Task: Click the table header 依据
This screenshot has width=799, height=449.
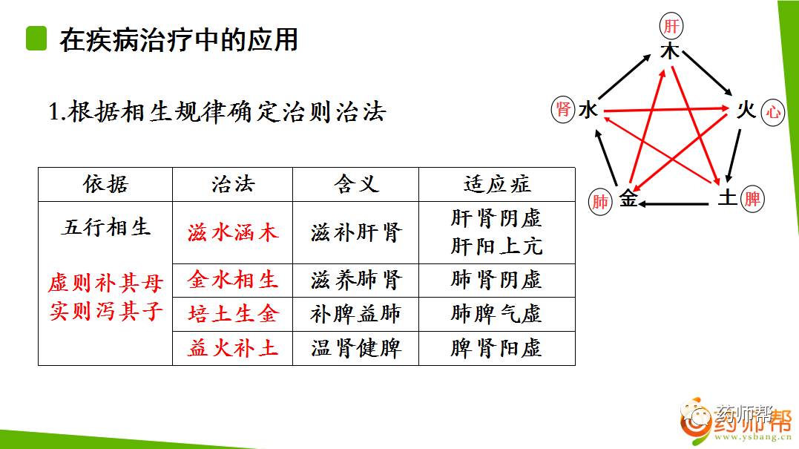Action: click(x=105, y=184)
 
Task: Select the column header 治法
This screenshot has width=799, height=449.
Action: click(x=232, y=184)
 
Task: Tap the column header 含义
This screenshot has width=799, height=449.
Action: click(x=355, y=184)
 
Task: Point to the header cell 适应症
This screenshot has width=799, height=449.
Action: click(x=496, y=184)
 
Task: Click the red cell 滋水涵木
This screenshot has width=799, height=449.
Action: click(x=232, y=232)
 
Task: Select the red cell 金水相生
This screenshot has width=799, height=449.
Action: click(x=232, y=280)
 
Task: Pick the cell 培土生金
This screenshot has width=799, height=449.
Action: click(x=232, y=314)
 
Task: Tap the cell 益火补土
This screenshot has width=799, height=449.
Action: click(x=232, y=347)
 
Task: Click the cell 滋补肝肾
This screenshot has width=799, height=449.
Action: click(x=355, y=232)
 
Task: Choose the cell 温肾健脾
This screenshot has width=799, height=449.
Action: click(x=355, y=347)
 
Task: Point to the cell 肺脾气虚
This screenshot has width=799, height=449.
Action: click(x=496, y=314)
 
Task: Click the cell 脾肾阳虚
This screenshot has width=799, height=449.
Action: click(x=496, y=347)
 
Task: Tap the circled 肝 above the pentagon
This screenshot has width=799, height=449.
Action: click(x=671, y=27)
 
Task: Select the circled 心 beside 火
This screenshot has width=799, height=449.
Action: click(x=773, y=112)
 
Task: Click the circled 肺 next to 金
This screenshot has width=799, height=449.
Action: click(x=600, y=200)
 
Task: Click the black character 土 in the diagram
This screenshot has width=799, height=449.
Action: click(x=727, y=198)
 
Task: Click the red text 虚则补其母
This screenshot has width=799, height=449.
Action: click(x=105, y=283)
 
